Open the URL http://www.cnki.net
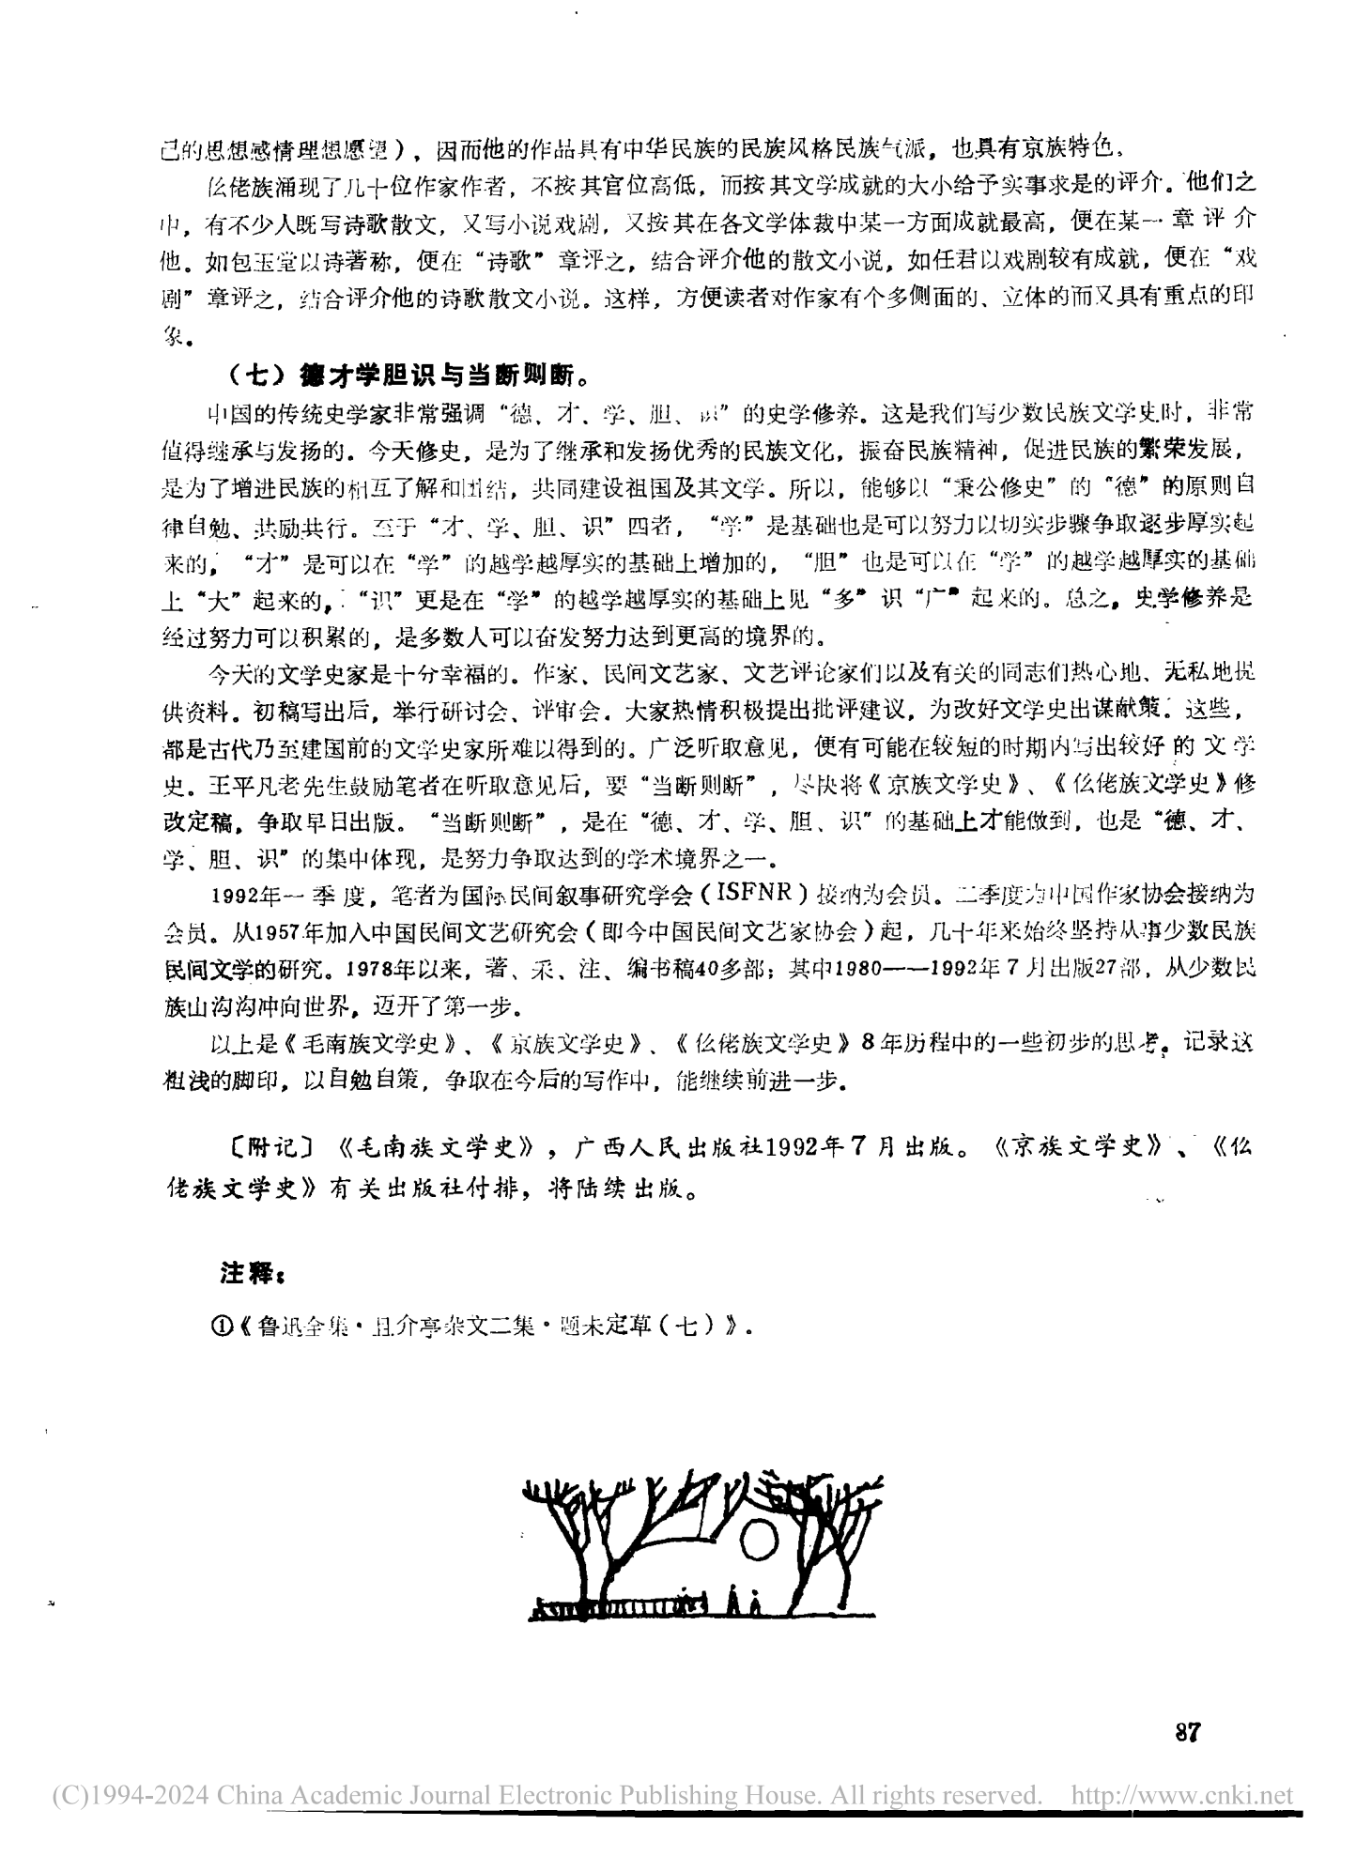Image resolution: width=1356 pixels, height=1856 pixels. [1182, 1797]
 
